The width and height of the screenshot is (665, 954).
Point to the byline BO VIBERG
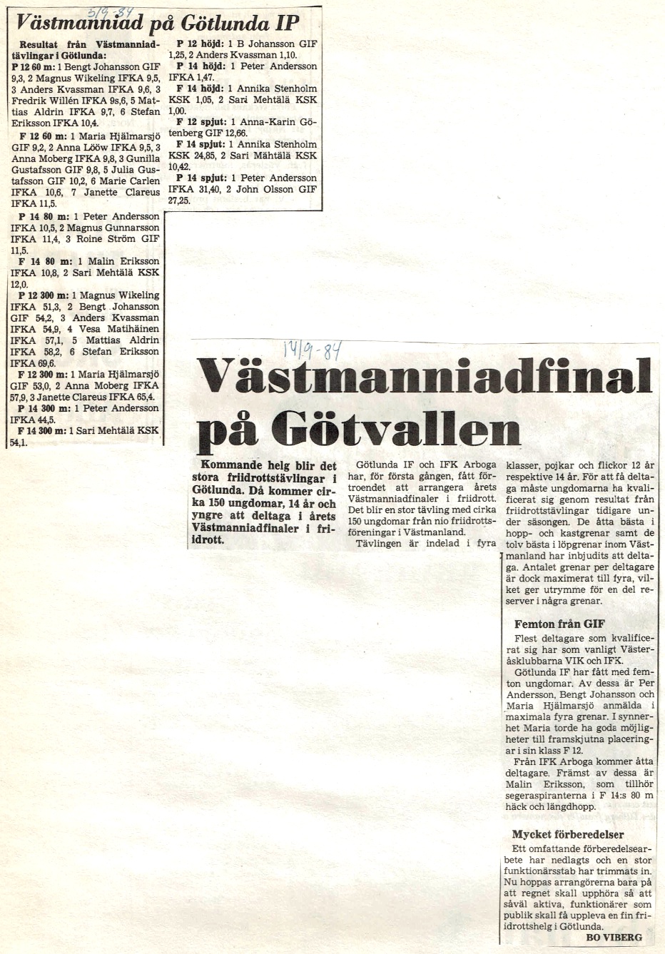(x=613, y=937)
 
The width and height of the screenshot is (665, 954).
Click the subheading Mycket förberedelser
(x=568, y=834)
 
